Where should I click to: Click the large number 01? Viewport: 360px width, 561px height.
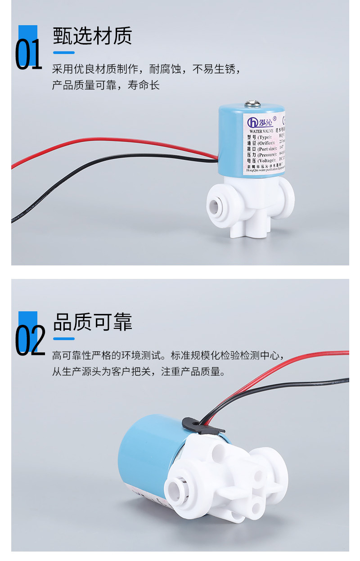point(28,55)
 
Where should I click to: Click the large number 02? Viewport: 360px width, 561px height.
point(30,341)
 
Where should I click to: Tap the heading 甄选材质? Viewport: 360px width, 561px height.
point(92,36)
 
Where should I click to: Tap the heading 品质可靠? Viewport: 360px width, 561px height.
point(92,322)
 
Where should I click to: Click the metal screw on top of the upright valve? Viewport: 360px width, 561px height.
point(250,104)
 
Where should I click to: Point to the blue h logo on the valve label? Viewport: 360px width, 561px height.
point(252,122)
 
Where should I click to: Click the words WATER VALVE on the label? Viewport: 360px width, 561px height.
point(262,131)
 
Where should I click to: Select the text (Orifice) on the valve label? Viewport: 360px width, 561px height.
point(266,143)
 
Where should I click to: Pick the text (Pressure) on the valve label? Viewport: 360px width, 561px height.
point(267,155)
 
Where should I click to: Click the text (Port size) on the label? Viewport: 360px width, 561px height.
point(267,149)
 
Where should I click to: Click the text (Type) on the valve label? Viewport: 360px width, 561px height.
point(265,137)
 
